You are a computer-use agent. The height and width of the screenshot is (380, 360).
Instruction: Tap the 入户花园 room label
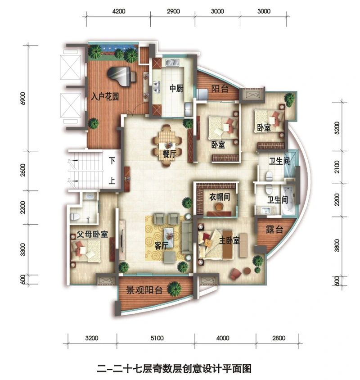tap(105, 97)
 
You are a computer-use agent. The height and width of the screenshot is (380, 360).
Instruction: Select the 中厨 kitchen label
tap(176, 88)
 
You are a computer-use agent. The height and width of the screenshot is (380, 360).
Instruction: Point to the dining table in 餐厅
tap(167, 145)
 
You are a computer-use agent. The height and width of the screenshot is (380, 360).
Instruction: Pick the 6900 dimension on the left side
tap(23, 98)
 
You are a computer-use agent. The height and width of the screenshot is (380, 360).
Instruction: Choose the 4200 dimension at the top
tap(119, 11)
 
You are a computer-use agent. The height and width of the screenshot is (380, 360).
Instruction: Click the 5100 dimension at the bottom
tap(157, 338)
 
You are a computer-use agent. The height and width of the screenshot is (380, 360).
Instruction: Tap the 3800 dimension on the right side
tap(337, 245)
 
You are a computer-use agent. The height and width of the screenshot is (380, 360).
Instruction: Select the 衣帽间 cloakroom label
tap(220, 197)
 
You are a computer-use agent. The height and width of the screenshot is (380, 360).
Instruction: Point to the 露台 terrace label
tap(274, 229)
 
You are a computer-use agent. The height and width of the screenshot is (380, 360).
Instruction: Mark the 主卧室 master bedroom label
tap(229, 240)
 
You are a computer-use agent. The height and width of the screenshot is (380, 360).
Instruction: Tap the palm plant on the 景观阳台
tap(174, 289)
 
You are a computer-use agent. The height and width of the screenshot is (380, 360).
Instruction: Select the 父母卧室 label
tap(92, 234)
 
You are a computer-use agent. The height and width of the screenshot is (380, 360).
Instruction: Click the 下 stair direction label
tap(112, 160)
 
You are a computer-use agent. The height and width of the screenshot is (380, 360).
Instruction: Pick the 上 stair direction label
tap(112, 181)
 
